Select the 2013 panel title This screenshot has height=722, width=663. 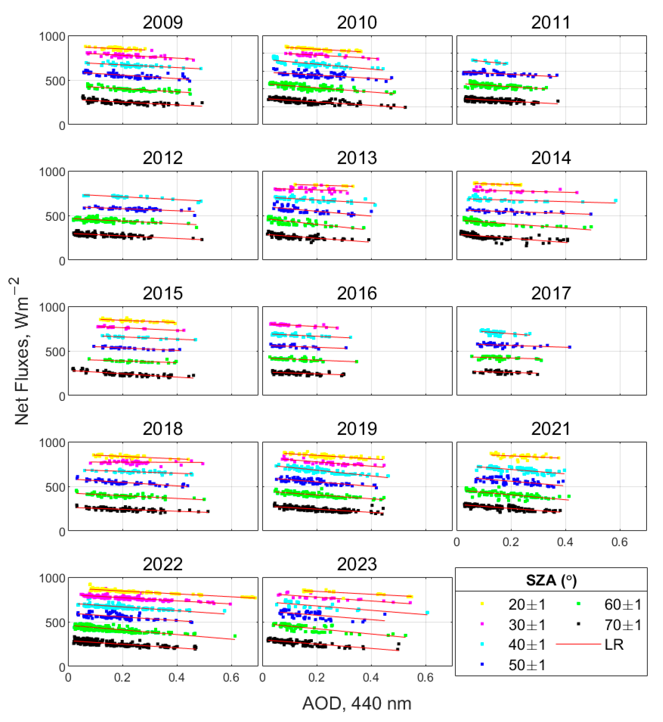pos(357,158)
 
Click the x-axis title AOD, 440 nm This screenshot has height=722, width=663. pos(357,703)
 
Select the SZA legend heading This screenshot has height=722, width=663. pos(551,580)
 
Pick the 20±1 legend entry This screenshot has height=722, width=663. pos(526,605)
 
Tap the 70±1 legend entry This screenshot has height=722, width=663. pos(622,625)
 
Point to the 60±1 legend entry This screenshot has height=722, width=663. pos(622,605)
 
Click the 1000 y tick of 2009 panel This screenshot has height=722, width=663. pos(52,37)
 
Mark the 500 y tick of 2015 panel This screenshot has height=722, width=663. pos(55,352)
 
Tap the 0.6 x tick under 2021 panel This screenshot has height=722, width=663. pos(620,542)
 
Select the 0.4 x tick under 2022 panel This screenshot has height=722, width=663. pos(177,677)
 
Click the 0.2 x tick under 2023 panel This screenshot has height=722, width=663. pos(317,677)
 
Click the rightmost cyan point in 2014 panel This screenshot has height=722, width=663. pos(616,201)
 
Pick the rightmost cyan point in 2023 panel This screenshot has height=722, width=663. pos(427,613)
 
